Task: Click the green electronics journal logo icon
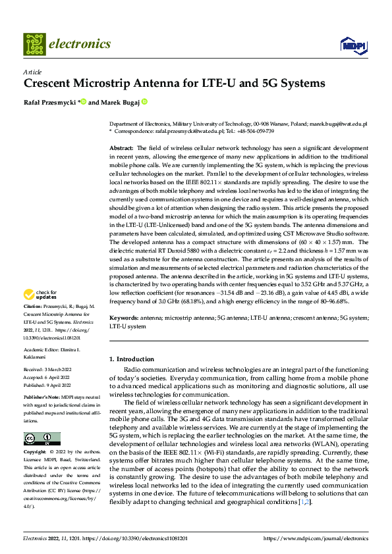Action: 34,44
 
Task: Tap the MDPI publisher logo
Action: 355,45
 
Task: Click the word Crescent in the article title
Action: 51,84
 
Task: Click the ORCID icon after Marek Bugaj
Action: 144,102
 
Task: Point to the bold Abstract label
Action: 121,149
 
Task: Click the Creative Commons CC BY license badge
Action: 42,439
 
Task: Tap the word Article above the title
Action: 32,72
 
